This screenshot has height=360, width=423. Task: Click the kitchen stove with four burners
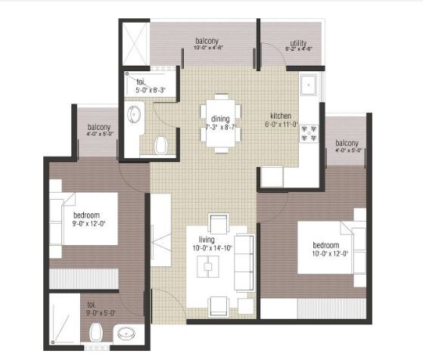pyautogui.click(x=309, y=134)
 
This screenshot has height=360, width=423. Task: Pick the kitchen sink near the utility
pyautogui.click(x=310, y=85)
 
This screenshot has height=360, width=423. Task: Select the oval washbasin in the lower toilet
pyautogui.click(x=125, y=333)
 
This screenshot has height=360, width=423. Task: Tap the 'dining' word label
pyautogui.click(x=220, y=119)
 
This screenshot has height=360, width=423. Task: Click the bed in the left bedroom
pyautogui.click(x=83, y=219)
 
